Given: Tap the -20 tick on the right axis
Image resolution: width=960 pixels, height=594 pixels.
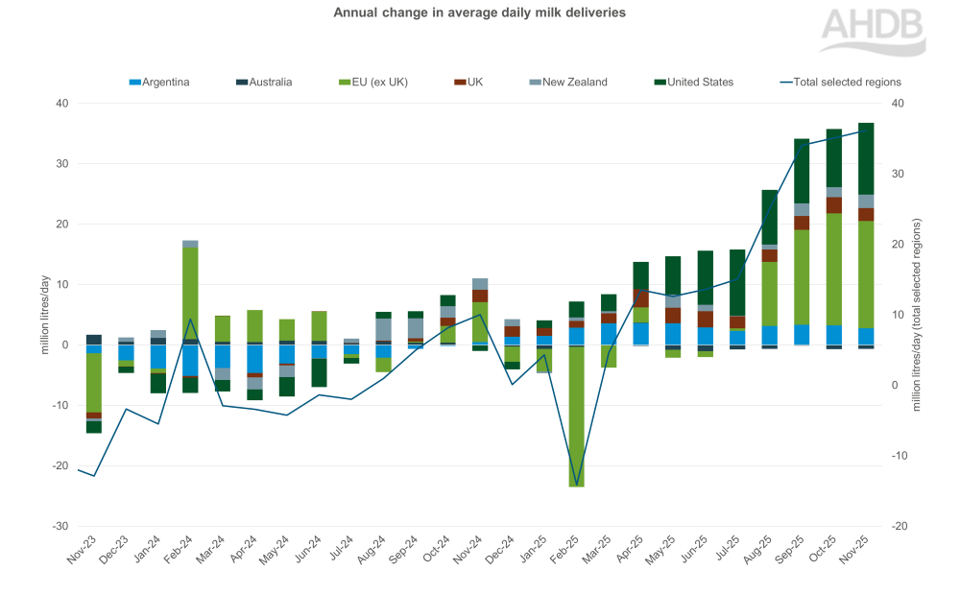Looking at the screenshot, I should click(900, 527).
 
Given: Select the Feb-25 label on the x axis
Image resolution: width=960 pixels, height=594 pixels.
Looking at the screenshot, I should click(573, 557).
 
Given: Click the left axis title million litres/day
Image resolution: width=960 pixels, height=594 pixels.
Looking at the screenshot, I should click(44, 315).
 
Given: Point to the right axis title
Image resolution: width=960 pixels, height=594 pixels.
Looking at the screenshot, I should click(917, 315).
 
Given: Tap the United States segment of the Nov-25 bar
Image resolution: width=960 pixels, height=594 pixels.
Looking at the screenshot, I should click(866, 158).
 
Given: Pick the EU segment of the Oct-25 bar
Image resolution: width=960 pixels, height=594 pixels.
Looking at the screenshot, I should click(834, 269).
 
